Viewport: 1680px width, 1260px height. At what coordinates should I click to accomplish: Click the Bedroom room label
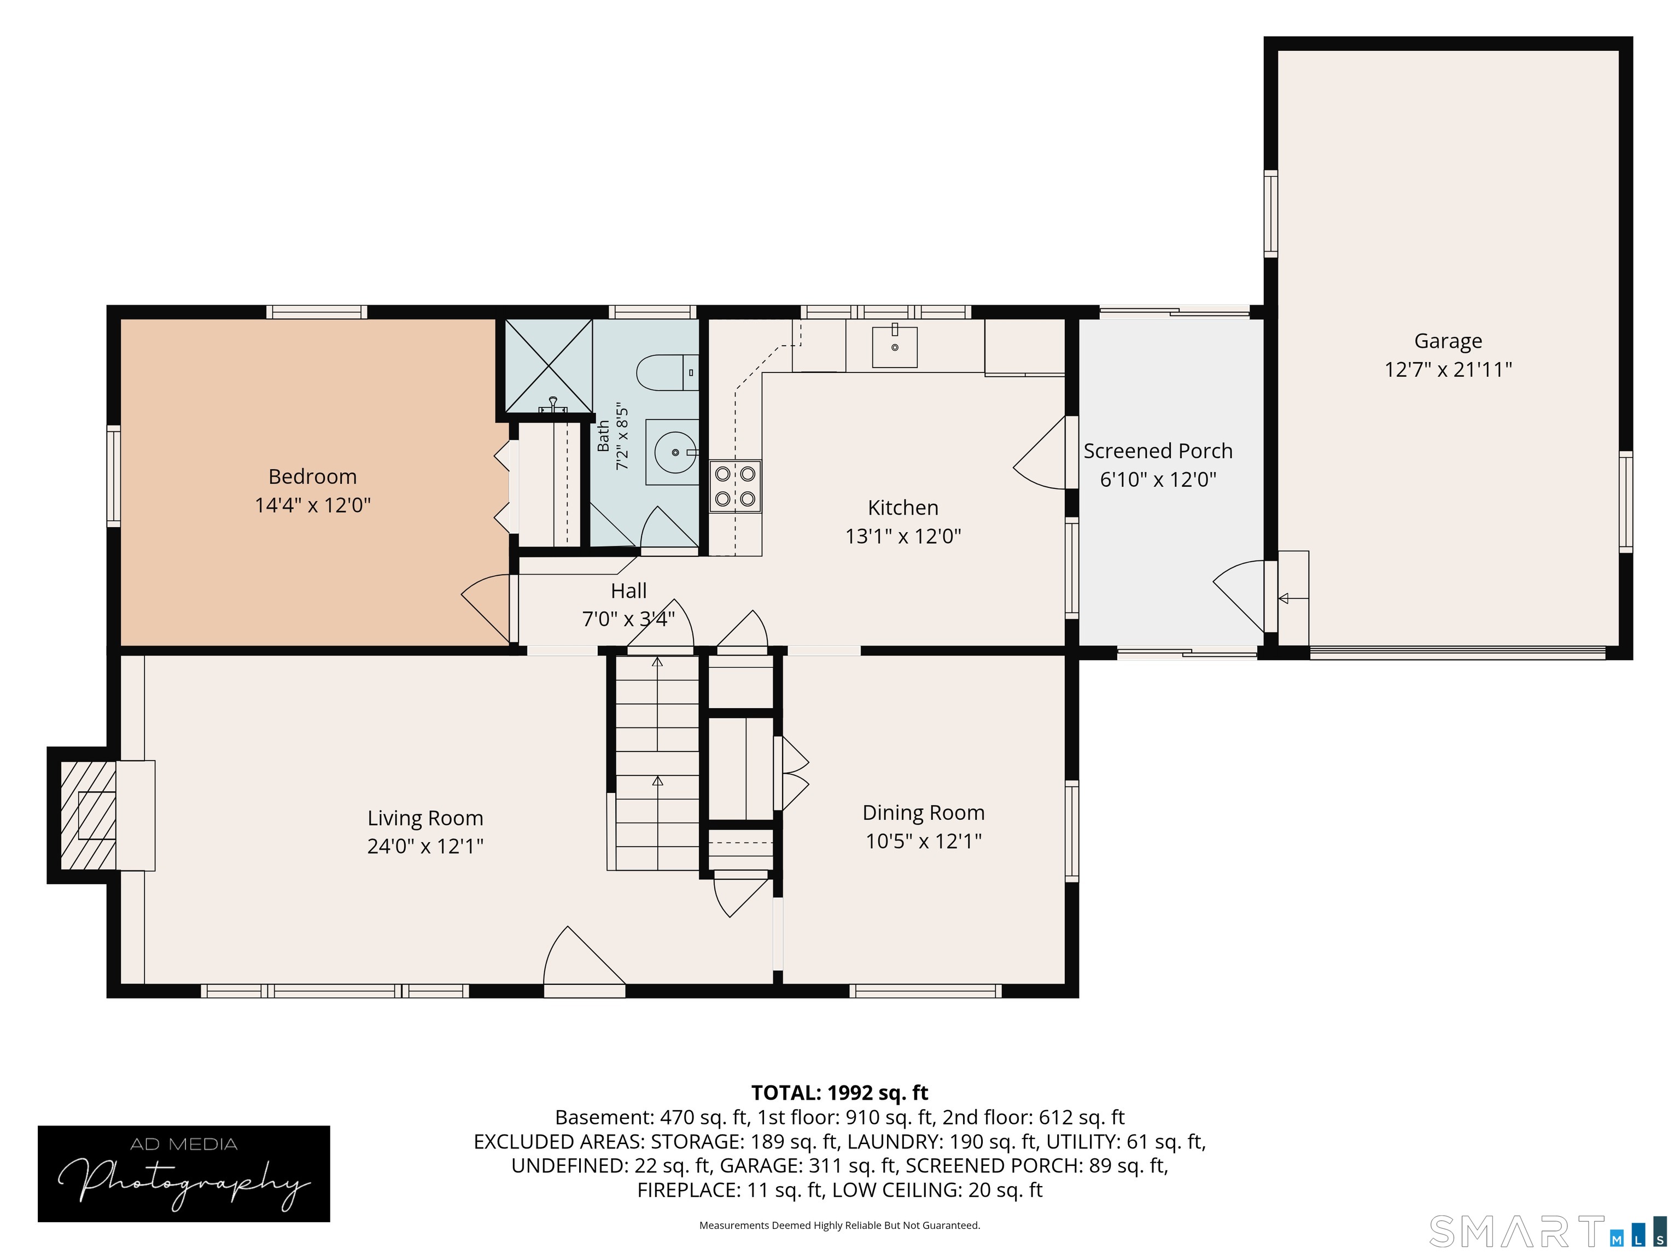[x=312, y=476]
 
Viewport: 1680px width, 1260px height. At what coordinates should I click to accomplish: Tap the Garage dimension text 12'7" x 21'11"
[x=1448, y=370]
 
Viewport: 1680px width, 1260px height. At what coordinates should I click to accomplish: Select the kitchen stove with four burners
[x=735, y=486]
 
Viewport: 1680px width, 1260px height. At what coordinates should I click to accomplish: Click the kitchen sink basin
[x=895, y=346]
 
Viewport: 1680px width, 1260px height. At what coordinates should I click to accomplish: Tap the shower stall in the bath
[x=549, y=366]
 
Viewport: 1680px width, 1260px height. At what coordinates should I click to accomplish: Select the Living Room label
[x=425, y=818]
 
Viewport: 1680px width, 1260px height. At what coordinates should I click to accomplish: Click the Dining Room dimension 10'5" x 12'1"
[x=924, y=842]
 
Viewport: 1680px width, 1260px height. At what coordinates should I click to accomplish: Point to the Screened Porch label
[x=1158, y=451]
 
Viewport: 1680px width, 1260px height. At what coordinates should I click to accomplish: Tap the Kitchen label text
[x=903, y=507]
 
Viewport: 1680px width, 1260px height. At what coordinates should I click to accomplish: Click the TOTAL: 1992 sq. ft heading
[x=839, y=1092]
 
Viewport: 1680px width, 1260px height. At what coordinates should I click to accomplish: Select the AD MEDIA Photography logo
[x=184, y=1174]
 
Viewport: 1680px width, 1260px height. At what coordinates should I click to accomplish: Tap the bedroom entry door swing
[x=486, y=608]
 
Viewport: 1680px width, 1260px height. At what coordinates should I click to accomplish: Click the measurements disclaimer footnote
[x=839, y=1225]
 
